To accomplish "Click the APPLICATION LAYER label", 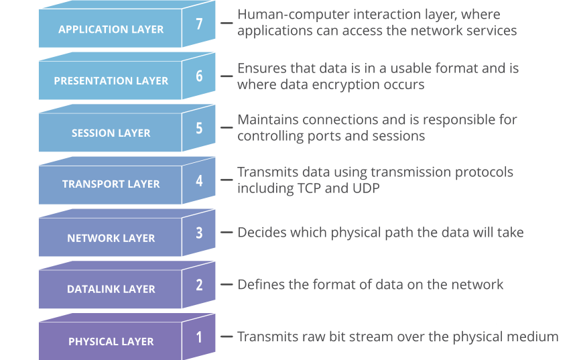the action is click(x=111, y=29).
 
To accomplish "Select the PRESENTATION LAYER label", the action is click(x=111, y=80).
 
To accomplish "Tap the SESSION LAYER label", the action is click(x=111, y=133).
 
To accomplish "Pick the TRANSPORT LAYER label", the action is click(x=111, y=184).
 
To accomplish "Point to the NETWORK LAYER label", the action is click(x=111, y=238).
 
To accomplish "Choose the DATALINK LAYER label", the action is click(x=111, y=289).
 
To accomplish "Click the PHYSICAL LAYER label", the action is click(x=111, y=341).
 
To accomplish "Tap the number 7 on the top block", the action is click(x=199, y=23).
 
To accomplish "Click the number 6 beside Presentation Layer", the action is click(x=199, y=75).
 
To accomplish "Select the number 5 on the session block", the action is click(x=199, y=127).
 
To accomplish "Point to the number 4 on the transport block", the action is click(x=199, y=180).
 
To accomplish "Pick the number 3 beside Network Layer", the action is click(x=199, y=233).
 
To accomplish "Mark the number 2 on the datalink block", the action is click(x=199, y=284).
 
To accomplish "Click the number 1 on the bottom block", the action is click(x=199, y=337).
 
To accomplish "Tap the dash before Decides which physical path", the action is click(x=227, y=233).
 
